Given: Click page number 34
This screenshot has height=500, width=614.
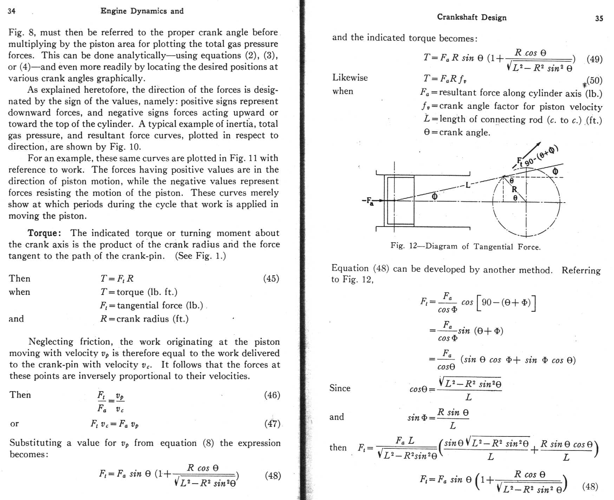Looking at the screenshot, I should click(x=12, y=11).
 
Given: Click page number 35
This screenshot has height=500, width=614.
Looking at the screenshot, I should click(x=599, y=19).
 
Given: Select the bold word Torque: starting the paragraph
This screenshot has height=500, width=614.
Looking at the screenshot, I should click(x=45, y=233).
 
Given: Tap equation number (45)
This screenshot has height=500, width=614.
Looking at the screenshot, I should click(x=271, y=278).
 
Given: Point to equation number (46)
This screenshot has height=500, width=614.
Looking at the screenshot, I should click(x=272, y=395).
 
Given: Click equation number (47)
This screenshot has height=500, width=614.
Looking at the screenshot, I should click(x=272, y=424).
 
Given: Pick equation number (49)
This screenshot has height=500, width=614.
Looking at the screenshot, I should click(x=594, y=59).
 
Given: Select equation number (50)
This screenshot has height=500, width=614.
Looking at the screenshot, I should click(x=594, y=81).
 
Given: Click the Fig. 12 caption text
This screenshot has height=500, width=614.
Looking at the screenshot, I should click(x=465, y=246).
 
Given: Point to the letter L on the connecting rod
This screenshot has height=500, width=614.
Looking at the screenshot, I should click(x=468, y=185).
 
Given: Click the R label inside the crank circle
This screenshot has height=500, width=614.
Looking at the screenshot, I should click(x=514, y=190).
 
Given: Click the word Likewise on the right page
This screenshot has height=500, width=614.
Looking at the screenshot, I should click(x=350, y=78).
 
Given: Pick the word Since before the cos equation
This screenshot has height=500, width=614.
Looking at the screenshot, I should click(x=340, y=388).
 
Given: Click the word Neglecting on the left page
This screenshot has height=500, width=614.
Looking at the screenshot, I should click(x=51, y=342).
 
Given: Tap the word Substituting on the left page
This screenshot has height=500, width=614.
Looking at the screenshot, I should click(x=35, y=443).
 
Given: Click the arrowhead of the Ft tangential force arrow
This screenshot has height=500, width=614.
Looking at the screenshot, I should click(x=539, y=144).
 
